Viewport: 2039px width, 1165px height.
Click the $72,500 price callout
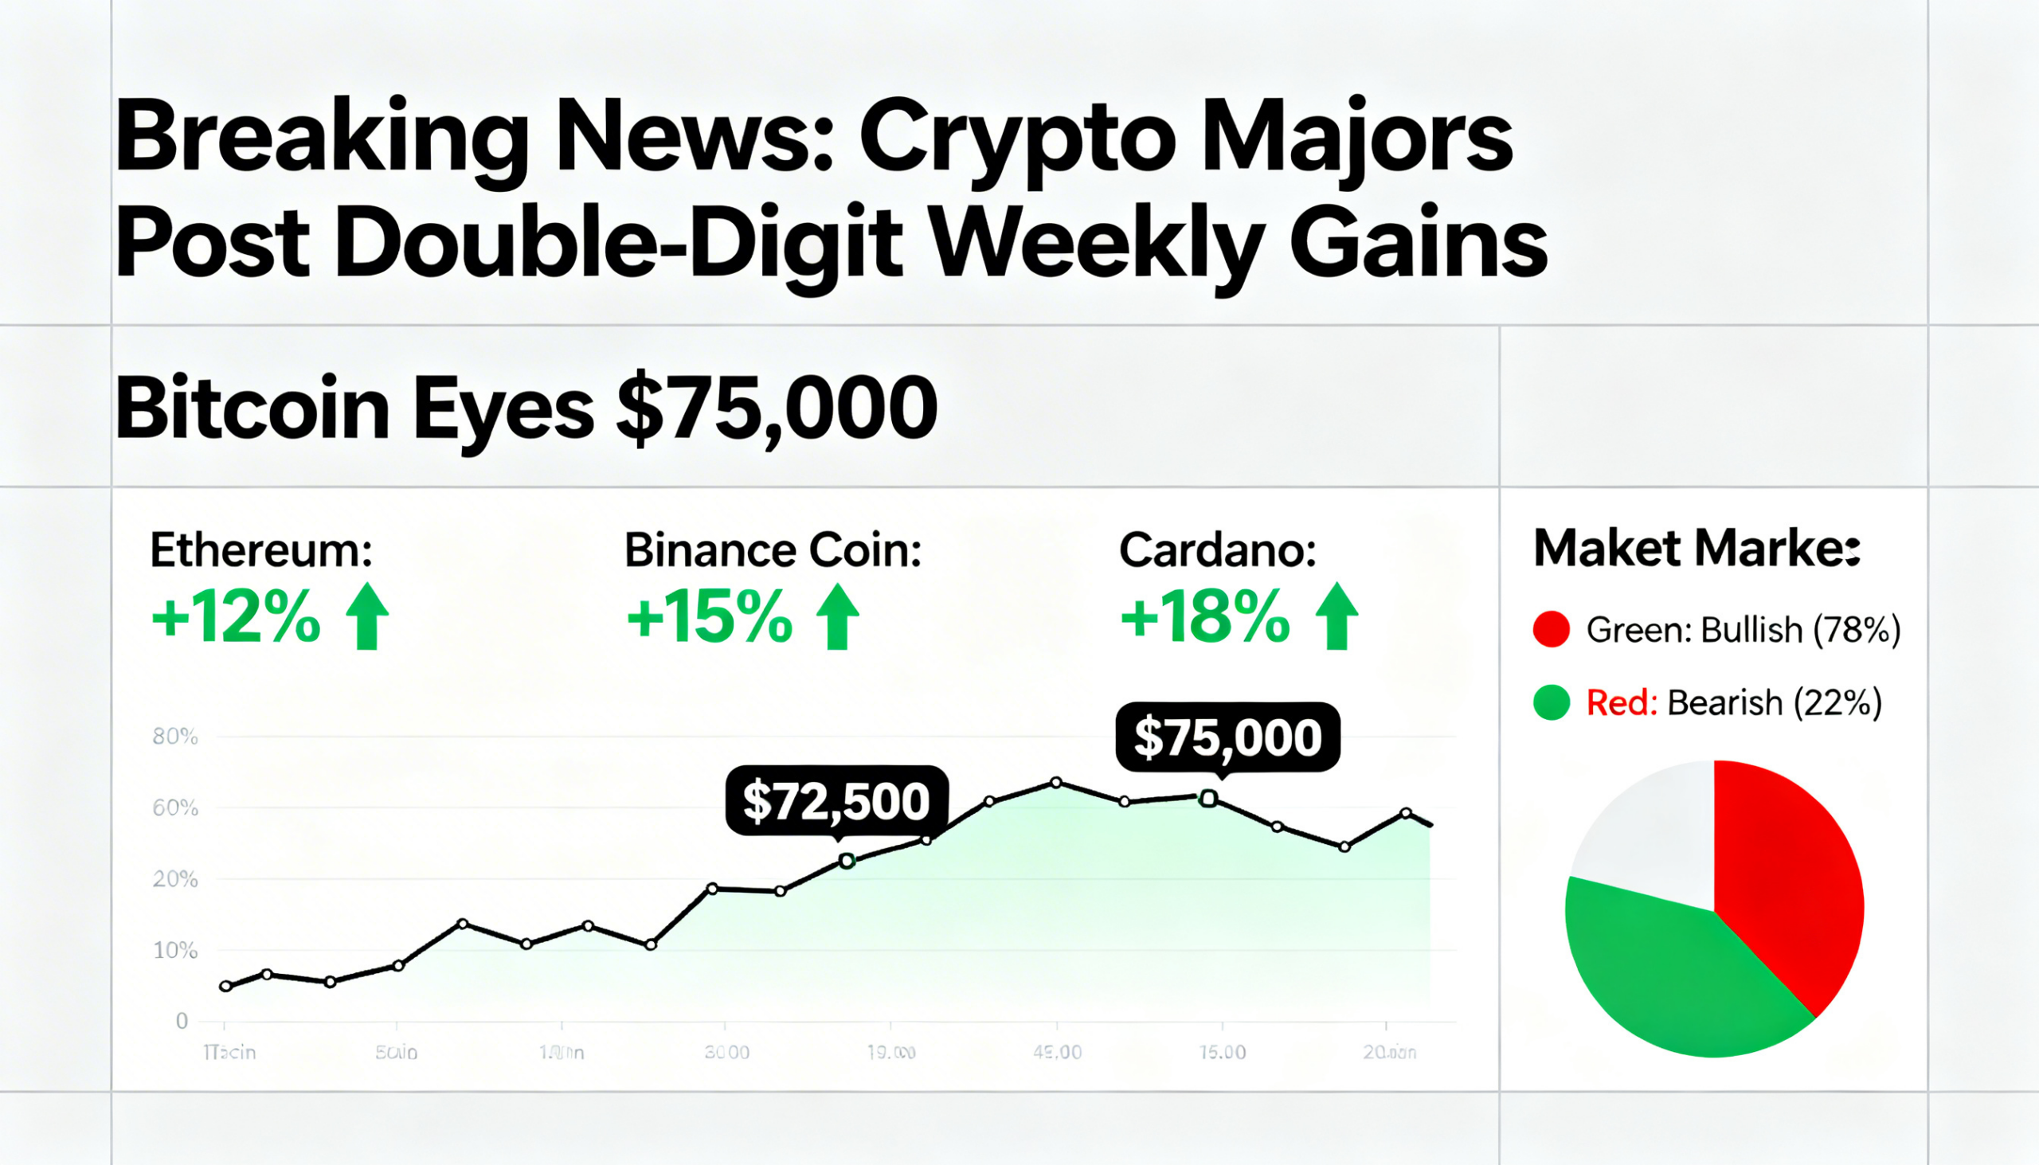[x=836, y=801]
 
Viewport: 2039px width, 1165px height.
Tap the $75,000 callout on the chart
[x=1227, y=737]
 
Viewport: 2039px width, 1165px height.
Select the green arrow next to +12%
[x=367, y=616]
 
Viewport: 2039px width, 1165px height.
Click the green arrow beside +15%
[x=837, y=616]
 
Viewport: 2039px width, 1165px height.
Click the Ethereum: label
[x=261, y=550]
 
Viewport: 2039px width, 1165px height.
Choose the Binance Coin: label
[x=773, y=550]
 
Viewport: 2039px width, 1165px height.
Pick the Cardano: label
[x=1217, y=550]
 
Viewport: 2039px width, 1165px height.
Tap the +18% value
[x=1204, y=618]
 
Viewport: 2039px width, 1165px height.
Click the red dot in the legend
[x=1551, y=629]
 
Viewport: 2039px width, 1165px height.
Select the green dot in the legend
[x=1551, y=702]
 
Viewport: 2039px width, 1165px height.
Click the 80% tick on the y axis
[x=174, y=736]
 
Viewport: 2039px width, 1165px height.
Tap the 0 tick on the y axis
[x=182, y=1021]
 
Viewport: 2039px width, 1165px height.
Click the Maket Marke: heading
[x=1697, y=549]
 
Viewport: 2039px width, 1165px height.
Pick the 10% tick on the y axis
[x=174, y=951]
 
